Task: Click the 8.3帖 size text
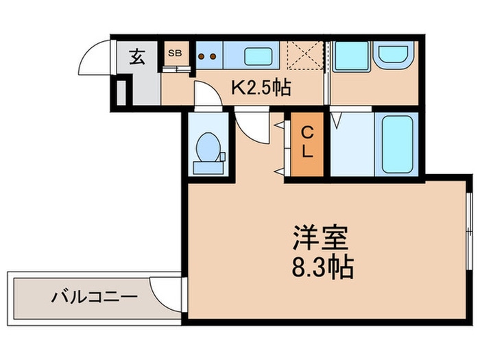pyautogui.click(x=321, y=267)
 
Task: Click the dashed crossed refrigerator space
pyautogui.click(x=304, y=56)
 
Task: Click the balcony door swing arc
pyautogui.click(x=163, y=292)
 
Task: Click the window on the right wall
pyautogui.click(x=469, y=233)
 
